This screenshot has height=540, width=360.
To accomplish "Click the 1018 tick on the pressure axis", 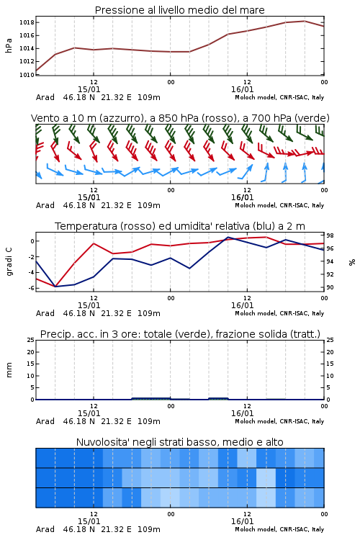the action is pos(27,23).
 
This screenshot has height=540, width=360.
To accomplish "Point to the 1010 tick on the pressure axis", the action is pos(27,75).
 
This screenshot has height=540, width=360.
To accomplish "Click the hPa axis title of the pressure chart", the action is pos(9,45).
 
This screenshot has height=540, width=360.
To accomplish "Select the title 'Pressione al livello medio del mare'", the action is pos(180,10).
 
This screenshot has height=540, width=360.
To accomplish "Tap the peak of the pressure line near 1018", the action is pos(305,21).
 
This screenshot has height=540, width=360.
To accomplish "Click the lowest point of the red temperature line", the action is pos(55,286).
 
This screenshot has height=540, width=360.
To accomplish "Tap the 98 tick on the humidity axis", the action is pos(330,235).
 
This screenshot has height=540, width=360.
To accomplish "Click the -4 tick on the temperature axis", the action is pos(31,272).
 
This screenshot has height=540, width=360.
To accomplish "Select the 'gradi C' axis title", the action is pos(9,261).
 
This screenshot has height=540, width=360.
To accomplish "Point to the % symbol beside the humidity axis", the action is pos(352,262).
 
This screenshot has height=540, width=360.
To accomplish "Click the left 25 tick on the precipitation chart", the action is pos(31,341).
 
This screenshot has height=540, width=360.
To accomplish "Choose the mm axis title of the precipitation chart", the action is pos(9,370).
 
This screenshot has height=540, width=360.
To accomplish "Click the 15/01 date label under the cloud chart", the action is pos(89,521).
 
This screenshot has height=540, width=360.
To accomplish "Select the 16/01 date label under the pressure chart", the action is pos(242,89).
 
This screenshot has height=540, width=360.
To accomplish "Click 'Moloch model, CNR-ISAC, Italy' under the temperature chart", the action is pos(279,313).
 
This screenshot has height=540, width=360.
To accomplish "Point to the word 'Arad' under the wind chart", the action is pos(45,205).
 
